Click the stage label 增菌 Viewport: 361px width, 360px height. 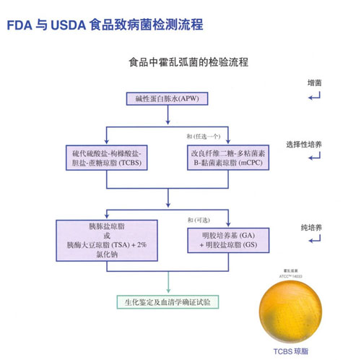pyautogui.click(x=315, y=83)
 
